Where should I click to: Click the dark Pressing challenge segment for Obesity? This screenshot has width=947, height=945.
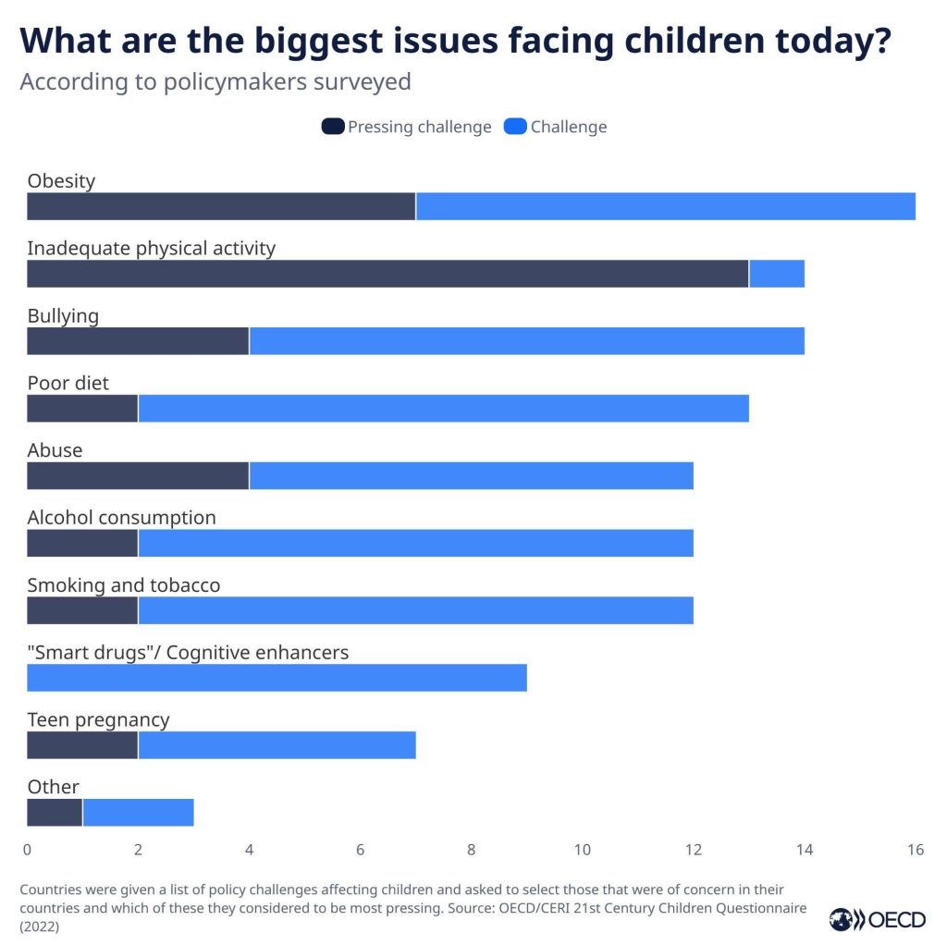221,206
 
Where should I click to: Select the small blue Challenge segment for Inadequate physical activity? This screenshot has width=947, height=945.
776,274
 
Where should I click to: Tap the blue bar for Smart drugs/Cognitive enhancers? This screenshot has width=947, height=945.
277,678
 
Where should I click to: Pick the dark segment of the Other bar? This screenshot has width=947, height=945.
55,813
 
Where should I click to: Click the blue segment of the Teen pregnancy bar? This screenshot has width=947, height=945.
277,745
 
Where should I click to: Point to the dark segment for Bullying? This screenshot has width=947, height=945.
138,341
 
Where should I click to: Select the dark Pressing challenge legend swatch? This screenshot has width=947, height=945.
333,127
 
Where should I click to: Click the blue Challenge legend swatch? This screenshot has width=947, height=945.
515,127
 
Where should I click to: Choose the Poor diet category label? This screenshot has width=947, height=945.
68,383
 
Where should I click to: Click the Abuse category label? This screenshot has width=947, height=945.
55,450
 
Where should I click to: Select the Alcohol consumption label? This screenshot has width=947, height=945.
121,518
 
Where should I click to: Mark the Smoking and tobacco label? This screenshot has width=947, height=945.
123,585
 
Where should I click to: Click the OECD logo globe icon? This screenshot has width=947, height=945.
841,919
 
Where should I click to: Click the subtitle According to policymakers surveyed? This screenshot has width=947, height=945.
215,81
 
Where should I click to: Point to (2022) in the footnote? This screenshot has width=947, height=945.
40,927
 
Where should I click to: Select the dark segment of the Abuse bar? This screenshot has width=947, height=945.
138,476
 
